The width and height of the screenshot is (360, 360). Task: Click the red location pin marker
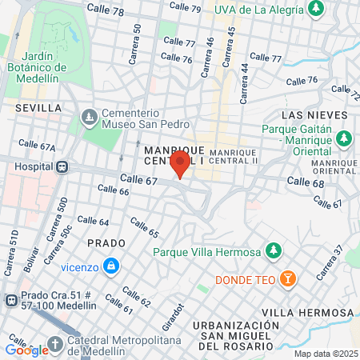[x=181, y=166]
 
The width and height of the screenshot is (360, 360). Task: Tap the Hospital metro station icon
[x=61, y=167]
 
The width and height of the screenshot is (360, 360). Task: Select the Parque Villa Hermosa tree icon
[x=274, y=251]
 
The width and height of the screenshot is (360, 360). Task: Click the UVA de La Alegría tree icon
[x=318, y=9]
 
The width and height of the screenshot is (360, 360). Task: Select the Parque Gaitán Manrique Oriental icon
[x=344, y=138]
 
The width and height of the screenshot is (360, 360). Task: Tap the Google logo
[x=26, y=350]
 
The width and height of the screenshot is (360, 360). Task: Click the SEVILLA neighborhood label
[x=38, y=107]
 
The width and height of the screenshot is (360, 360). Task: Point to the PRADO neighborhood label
[x=106, y=242]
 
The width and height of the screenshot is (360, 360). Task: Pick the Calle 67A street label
[x=37, y=147]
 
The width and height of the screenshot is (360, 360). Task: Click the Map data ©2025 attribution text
[x=326, y=354]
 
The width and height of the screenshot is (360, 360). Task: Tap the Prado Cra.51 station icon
[x=11, y=301]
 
